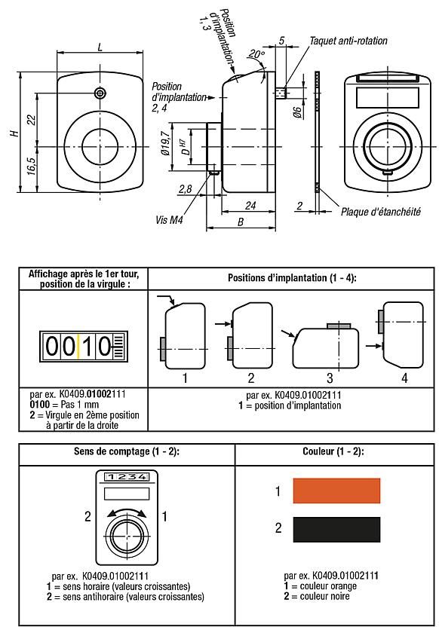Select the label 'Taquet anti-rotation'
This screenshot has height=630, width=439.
[x=348, y=39]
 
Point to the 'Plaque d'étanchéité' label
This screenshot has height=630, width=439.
[x=380, y=212]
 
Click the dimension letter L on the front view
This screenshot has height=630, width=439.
[x=101, y=46]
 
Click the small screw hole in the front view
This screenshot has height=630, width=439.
[x=100, y=93]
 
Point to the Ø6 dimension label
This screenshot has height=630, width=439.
[x=297, y=112]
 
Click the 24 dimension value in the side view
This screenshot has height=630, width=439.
[x=250, y=204]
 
